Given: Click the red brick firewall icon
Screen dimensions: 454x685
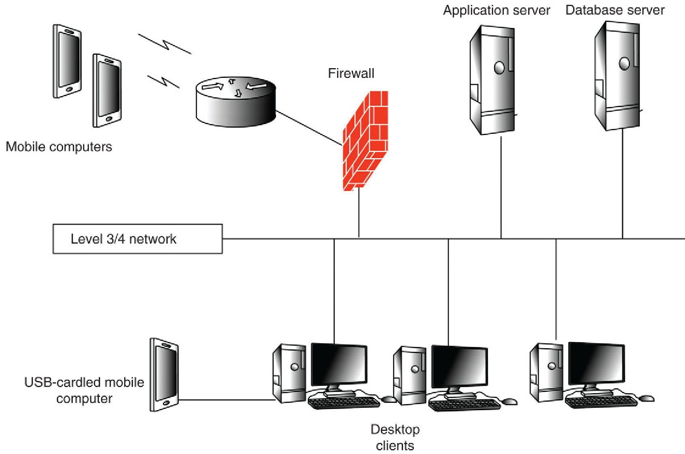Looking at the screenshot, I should pos(365,140).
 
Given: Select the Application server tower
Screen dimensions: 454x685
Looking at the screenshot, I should pos(492,80).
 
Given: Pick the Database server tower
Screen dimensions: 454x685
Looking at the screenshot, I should pos(617,76).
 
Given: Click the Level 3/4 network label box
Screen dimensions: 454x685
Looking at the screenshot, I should pos(137,239).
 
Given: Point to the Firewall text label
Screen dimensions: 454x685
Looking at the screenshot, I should pos(351,73).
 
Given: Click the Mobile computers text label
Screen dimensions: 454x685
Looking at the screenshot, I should pos(59,147).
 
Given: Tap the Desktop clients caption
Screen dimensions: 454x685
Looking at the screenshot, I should pos(395,437).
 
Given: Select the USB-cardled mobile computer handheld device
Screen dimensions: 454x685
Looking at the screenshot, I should pos(164,375).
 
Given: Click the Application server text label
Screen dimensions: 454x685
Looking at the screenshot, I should pos(496,10).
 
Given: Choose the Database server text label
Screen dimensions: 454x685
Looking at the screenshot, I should pos(615,10).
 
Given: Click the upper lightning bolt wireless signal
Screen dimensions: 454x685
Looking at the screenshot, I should pos(165,44).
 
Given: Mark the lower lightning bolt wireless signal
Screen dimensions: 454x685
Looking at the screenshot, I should pos(163,81).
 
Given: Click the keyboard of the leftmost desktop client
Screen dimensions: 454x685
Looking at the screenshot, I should pos(344,402).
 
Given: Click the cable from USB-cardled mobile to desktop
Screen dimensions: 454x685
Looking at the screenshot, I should pos(227,400).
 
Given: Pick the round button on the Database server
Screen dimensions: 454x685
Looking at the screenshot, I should pos(624,63).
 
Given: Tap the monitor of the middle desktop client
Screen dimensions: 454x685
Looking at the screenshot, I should pos(459,366).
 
